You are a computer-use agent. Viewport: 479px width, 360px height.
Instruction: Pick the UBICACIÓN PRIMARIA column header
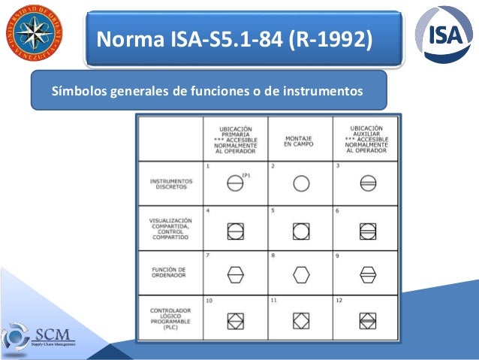[x=235, y=140]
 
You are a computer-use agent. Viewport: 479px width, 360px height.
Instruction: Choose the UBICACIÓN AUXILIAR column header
[x=366, y=140]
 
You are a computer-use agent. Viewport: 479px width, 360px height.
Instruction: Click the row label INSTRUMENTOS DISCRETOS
[x=170, y=185]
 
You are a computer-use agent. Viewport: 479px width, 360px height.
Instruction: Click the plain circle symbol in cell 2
[x=301, y=183]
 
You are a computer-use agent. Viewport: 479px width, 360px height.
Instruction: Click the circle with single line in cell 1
[x=235, y=183]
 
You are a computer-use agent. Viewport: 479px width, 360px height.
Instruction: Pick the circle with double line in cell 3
[x=367, y=183]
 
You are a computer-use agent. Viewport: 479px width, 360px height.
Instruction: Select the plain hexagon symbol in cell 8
[x=301, y=275]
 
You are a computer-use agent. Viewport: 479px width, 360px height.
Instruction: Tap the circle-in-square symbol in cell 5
[x=301, y=229]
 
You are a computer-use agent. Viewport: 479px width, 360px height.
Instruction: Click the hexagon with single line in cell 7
[x=235, y=275]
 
